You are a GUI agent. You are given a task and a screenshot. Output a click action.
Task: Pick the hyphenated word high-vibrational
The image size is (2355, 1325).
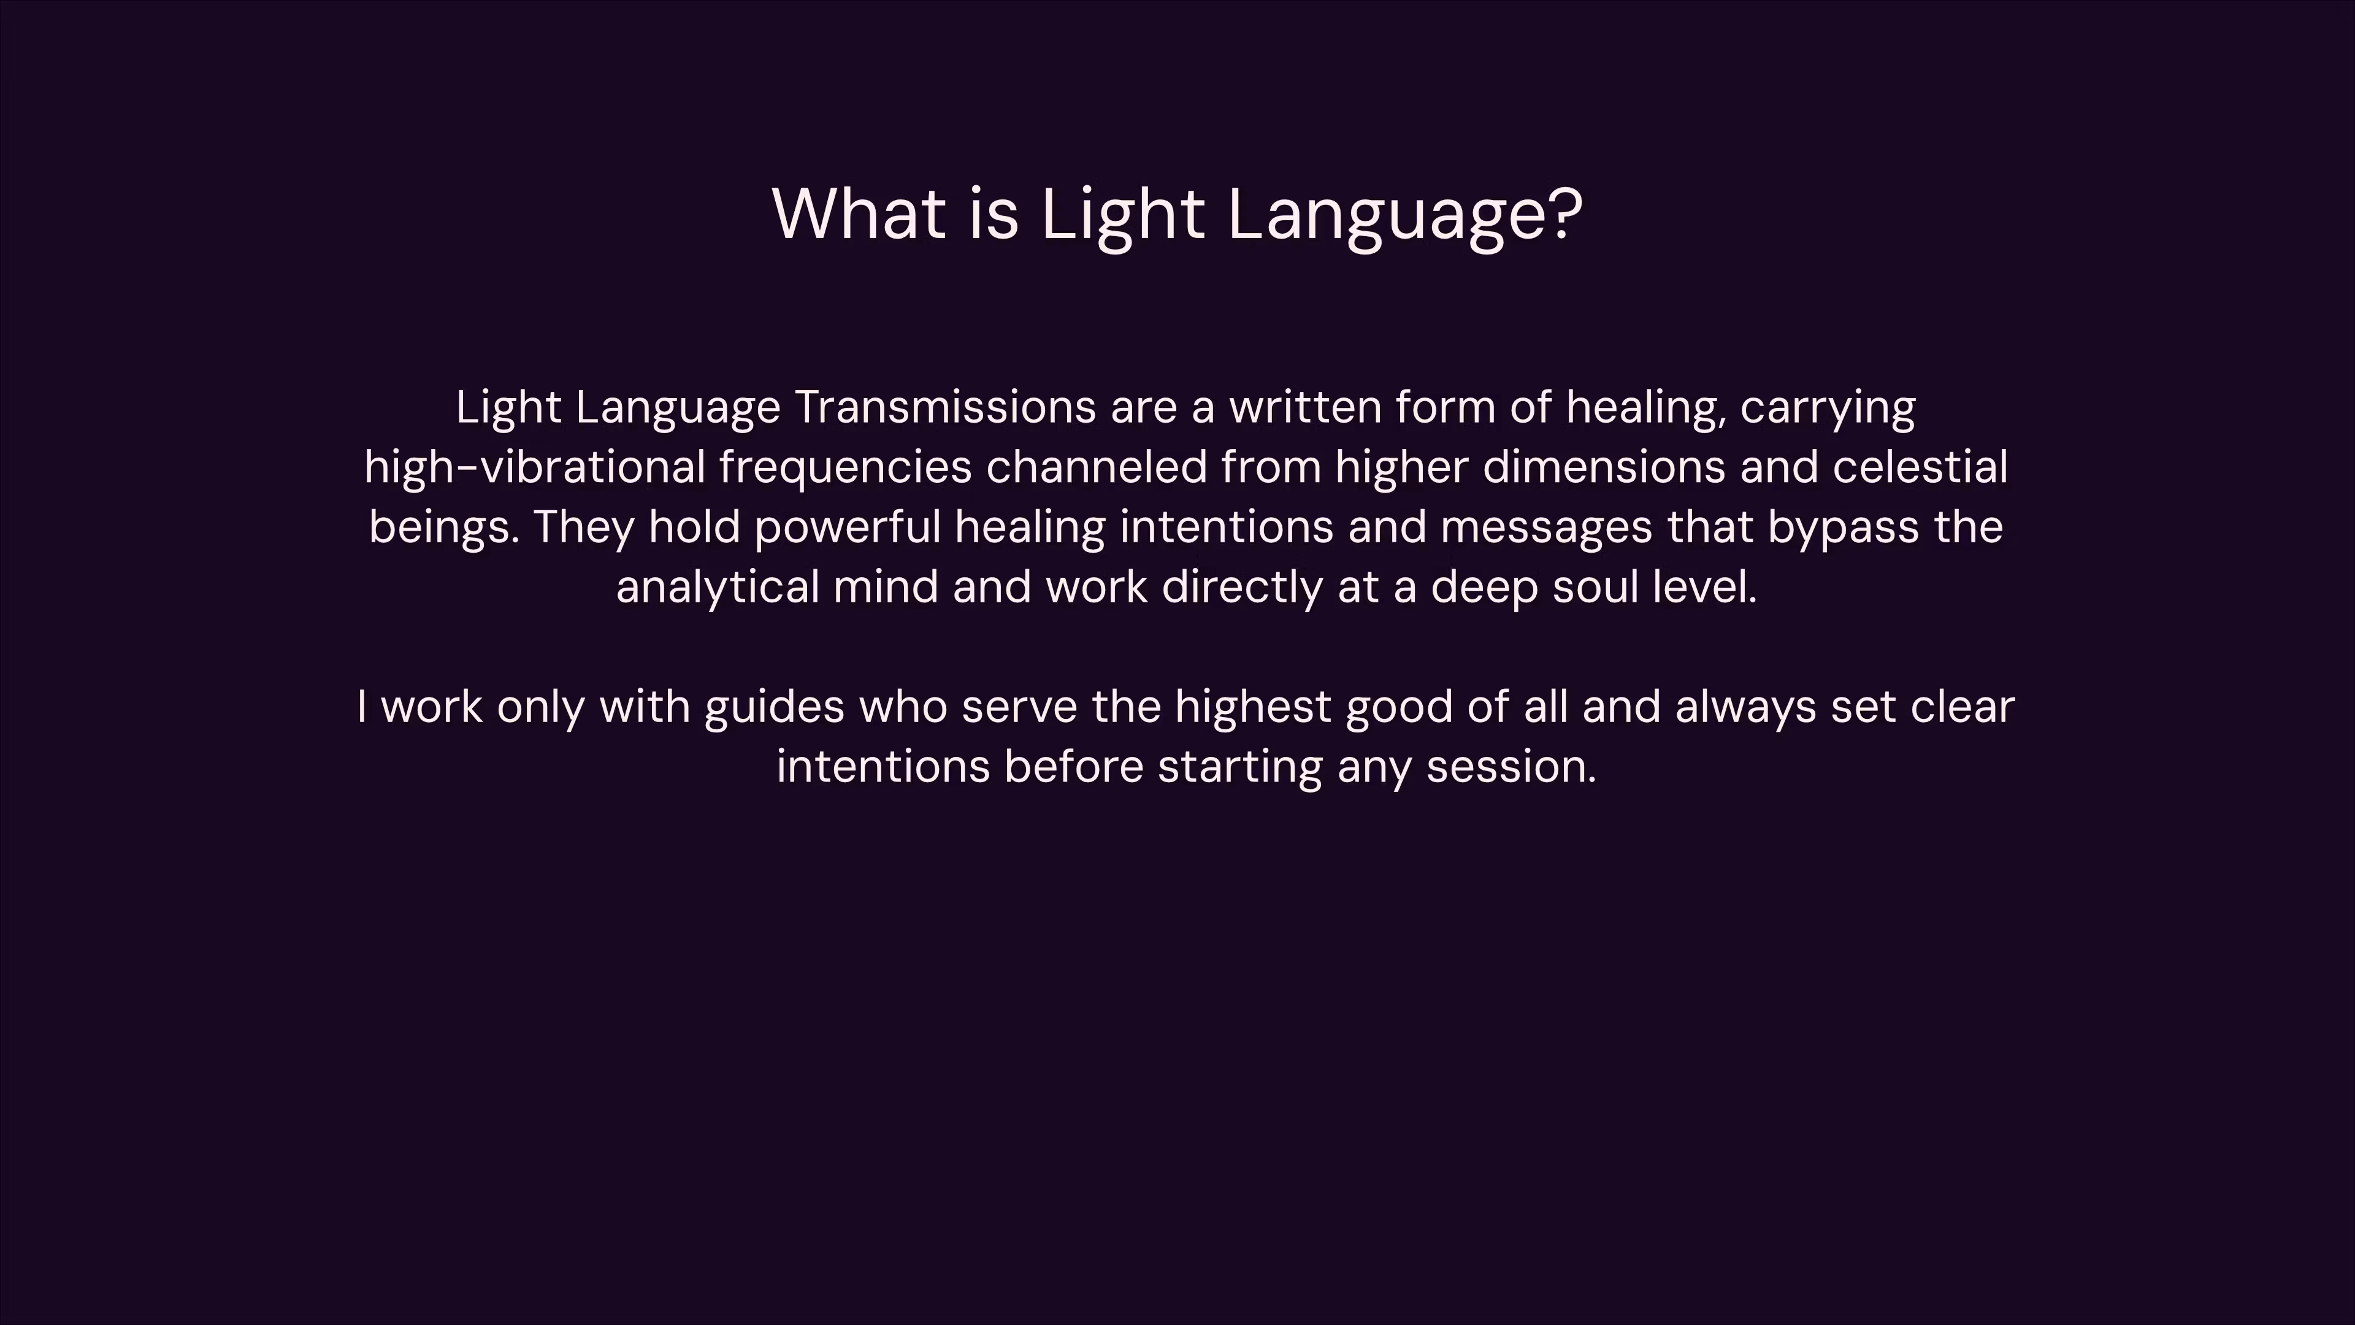[x=535, y=467]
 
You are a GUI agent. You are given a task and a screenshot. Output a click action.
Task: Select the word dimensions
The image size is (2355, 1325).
[x=1604, y=467]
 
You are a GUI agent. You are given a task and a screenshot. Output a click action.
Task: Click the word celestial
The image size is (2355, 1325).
[x=1920, y=467]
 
